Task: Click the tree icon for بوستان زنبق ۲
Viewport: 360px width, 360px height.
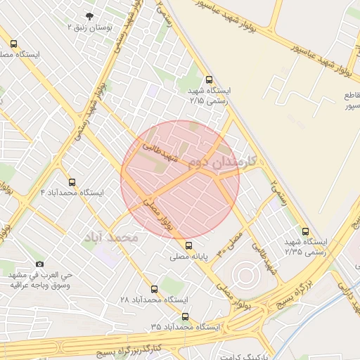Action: (89, 15)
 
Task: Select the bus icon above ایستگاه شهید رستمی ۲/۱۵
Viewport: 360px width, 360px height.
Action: (208, 80)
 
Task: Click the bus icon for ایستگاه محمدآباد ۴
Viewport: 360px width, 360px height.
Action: (72, 182)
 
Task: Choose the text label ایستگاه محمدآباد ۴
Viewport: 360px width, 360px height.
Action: (72, 193)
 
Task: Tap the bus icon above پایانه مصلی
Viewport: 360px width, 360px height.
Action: (188, 245)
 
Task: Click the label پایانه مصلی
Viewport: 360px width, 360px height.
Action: (188, 257)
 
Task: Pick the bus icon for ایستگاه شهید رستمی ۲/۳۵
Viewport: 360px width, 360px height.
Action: (304, 231)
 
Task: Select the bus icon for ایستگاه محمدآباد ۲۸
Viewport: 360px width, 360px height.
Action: (154, 289)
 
